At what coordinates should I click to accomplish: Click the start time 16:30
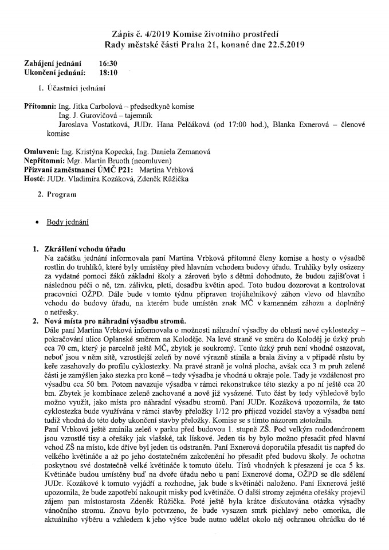(108, 64)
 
